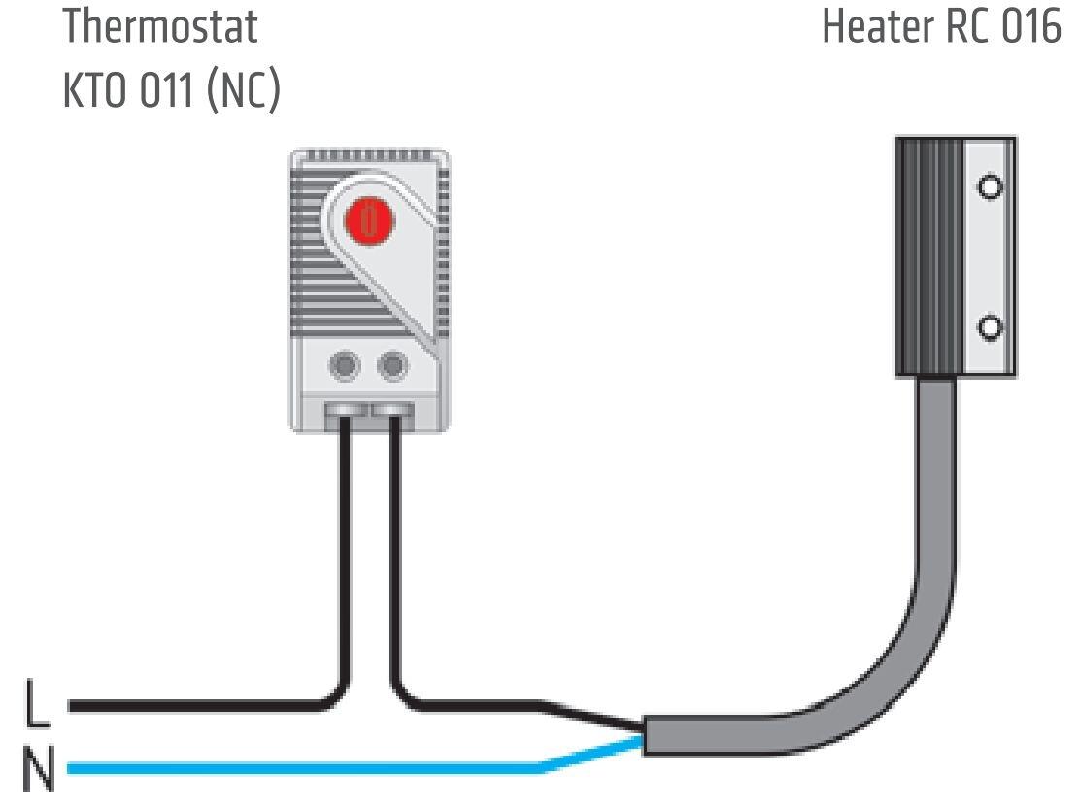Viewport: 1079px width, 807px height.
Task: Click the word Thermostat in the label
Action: [160, 27]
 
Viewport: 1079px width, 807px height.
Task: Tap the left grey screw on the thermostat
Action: [345, 366]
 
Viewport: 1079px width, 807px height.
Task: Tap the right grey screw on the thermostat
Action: [392, 366]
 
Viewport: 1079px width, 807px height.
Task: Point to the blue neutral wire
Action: [291, 768]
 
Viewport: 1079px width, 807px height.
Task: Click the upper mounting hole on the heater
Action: [990, 185]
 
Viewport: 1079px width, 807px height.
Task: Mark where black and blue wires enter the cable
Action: [642, 735]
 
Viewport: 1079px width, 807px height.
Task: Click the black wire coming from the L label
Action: [194, 706]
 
